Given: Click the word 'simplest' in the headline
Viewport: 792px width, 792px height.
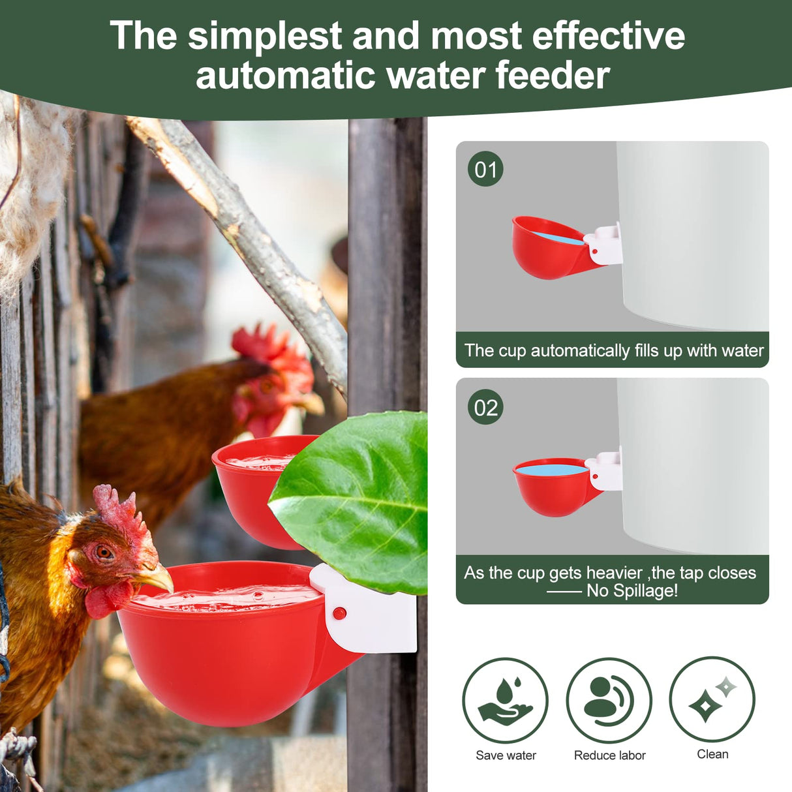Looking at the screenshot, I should click(264, 36).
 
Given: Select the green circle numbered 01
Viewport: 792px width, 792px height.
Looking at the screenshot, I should click(485, 170).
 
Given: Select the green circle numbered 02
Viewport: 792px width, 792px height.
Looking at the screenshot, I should click(485, 408).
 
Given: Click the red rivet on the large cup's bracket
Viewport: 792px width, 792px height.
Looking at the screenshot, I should click(339, 613).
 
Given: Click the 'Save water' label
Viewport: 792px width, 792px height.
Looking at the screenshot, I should click(506, 755).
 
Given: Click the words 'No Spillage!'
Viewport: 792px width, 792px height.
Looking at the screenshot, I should click(632, 591).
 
